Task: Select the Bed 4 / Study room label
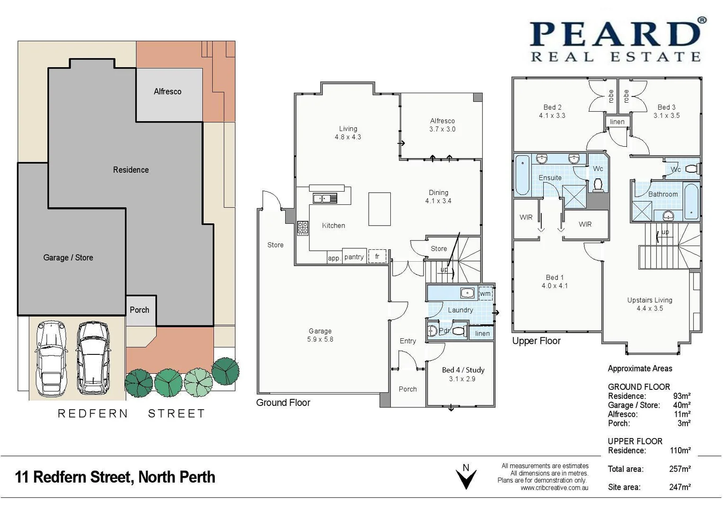[x=463, y=370]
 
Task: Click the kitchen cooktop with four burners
[x=303, y=228]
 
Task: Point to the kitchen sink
[x=324, y=198]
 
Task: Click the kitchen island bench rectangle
[x=379, y=209]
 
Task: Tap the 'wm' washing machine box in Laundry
[x=485, y=294]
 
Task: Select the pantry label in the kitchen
[x=354, y=257]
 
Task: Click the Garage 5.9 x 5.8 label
[x=320, y=335]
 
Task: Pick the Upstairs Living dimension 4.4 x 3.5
[x=650, y=308]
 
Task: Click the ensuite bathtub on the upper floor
[x=522, y=175]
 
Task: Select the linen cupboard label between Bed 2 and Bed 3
[x=617, y=122]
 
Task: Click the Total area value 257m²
[x=679, y=469]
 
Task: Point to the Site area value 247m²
[x=679, y=487]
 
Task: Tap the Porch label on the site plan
[x=140, y=310]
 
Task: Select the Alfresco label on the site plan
[x=168, y=92]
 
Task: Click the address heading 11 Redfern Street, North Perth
[x=115, y=477]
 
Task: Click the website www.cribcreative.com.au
[x=554, y=488]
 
